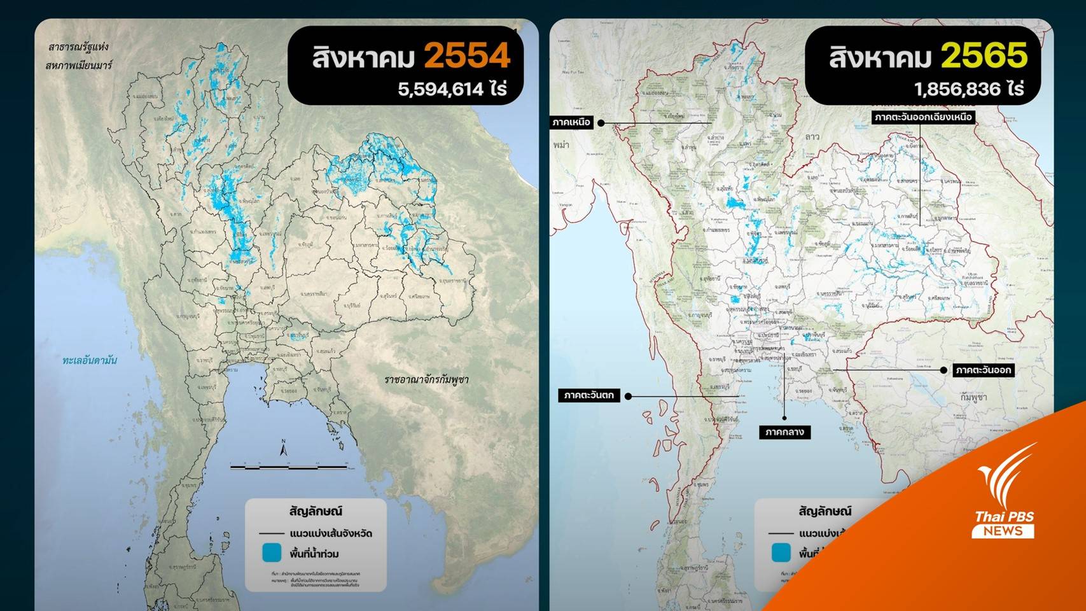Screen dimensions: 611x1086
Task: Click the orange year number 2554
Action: coord(467,56)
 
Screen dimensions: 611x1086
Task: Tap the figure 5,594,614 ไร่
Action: coord(452,88)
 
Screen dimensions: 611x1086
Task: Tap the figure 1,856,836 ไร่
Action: coord(968,88)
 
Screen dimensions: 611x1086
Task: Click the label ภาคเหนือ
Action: coord(571,122)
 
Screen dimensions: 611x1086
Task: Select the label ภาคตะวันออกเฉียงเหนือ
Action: coord(922,117)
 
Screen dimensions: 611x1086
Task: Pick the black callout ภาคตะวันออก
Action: coord(983,370)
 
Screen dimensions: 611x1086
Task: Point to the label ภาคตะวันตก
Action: coord(589,395)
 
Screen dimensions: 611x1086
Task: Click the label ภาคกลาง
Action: coord(784,432)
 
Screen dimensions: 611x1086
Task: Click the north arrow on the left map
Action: coord(284,448)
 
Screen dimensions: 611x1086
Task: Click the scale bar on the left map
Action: coord(289,467)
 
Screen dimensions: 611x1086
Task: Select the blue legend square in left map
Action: coord(272,552)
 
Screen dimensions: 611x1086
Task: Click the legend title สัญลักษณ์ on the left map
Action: coord(316,511)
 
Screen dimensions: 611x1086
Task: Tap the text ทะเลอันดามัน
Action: coord(90,360)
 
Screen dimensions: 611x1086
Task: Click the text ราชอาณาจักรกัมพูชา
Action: coord(426,380)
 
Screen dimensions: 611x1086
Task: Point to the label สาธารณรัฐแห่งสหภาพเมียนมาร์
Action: coord(78,56)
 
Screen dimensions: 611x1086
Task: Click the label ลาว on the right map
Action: coord(812,137)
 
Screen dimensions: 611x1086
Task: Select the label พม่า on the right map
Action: coord(561,145)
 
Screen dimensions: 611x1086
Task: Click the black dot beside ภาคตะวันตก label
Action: coord(628,396)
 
